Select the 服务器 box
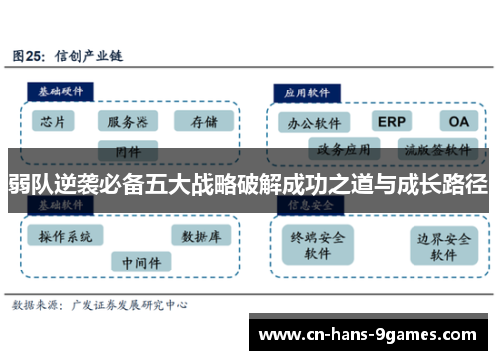pos(128,122)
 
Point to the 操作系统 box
pos(66,237)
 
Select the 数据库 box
pos(202,236)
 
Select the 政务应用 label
pos(344,150)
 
